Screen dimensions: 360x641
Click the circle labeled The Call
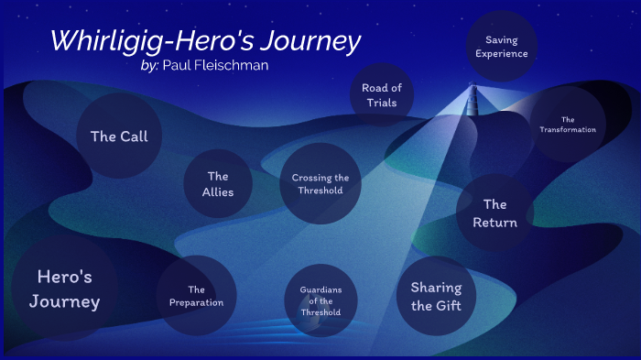(119, 136)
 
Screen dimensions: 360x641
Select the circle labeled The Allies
(218, 184)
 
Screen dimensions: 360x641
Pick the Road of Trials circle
(381, 95)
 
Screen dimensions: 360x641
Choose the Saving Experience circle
(502, 47)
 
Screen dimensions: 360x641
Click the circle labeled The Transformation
(568, 125)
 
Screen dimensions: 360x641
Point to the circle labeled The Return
(494, 213)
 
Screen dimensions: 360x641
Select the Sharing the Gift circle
(436, 297)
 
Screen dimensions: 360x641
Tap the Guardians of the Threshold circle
(320, 301)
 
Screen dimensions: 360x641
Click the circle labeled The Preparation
(196, 296)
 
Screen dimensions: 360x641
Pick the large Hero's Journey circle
(64, 289)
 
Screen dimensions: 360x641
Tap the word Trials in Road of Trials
(381, 103)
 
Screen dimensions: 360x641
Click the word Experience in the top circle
(502, 53)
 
